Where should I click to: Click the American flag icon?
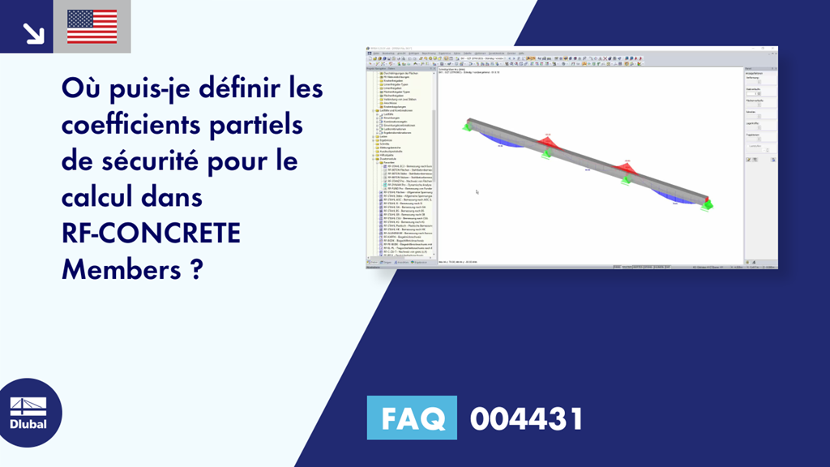92,27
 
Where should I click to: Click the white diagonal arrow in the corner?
33,32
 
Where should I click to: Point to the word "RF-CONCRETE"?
151,233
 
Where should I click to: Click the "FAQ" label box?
412,418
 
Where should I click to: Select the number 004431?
526,418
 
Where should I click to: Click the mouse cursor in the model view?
477,192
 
